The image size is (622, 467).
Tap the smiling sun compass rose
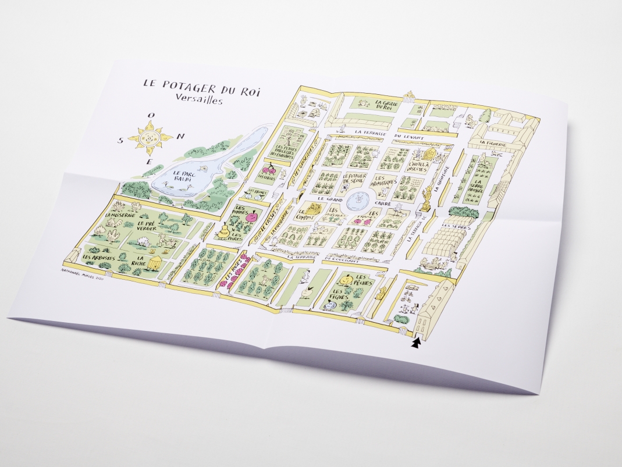tap(150, 138)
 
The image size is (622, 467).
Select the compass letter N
tap(181, 136)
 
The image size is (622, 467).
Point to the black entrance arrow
tap(415, 344)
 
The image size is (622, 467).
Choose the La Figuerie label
tap(492, 142)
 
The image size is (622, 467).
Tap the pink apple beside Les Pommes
tap(252, 216)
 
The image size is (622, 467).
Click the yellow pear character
tap(223, 231)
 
